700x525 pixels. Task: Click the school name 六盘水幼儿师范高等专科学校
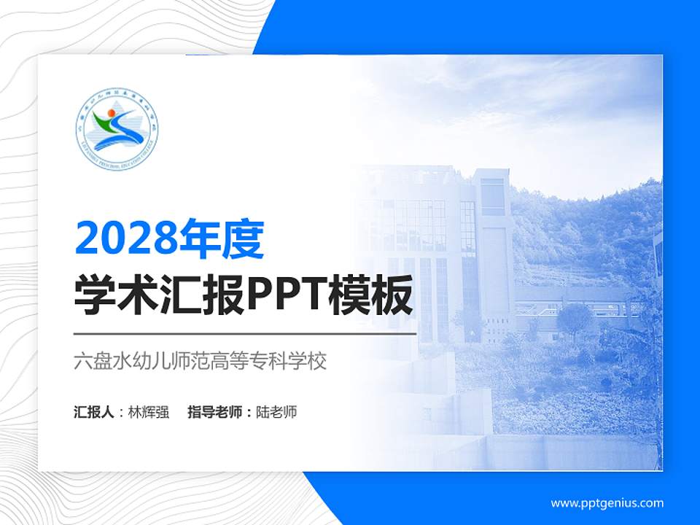tap(200, 361)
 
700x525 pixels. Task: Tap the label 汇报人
tap(94, 412)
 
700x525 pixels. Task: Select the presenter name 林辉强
tap(149, 412)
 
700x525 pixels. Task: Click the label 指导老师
tap(214, 412)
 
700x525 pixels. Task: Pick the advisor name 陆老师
tap(277, 412)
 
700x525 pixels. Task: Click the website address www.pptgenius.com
tap(607, 503)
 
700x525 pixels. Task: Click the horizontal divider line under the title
tap(245, 333)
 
